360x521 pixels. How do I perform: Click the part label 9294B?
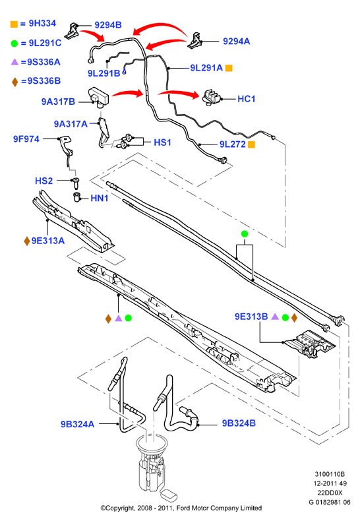click(x=108, y=25)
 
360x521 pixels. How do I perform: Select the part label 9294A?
click(x=237, y=41)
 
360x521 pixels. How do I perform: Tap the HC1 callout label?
click(x=247, y=99)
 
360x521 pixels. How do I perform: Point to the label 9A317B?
click(x=58, y=102)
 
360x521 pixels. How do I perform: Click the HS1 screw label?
click(x=162, y=142)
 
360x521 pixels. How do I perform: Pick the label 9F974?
click(x=26, y=139)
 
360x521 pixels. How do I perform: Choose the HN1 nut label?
click(x=100, y=198)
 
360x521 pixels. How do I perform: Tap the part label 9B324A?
click(x=77, y=424)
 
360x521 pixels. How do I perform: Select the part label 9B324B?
click(x=239, y=423)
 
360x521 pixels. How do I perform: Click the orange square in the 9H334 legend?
click(x=14, y=24)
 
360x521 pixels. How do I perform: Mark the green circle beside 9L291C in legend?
click(x=15, y=43)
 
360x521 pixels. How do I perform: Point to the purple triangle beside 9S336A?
click(x=15, y=62)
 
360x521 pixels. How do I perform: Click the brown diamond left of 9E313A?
click(x=27, y=241)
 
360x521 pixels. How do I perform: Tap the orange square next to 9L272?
click(x=251, y=144)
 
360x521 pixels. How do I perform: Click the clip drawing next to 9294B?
click(x=71, y=30)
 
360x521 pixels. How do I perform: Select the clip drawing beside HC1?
click(x=210, y=97)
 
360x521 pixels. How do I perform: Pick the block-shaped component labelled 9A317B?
click(x=99, y=97)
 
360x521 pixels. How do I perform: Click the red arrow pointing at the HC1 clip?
click(x=179, y=94)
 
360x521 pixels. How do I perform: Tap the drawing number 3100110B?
click(x=330, y=474)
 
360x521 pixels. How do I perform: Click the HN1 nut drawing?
click(x=77, y=197)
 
